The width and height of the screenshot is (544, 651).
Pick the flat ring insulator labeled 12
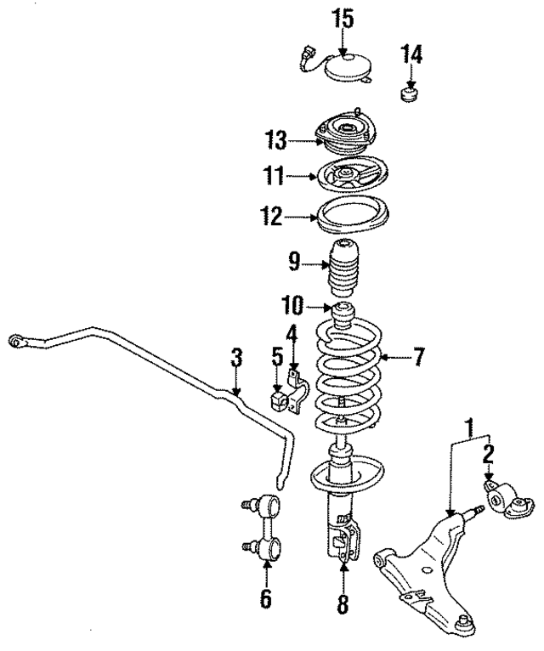pos(348,218)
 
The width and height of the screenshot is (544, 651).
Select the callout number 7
pos(417,358)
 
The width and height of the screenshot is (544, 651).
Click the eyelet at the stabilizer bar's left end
pos(14,342)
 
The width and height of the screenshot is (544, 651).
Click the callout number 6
pos(266,599)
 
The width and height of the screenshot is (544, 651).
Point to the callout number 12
pos(270,218)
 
